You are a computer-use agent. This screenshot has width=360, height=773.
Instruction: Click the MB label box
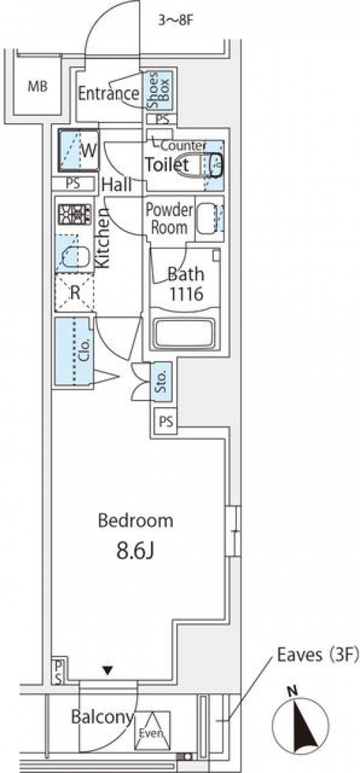pyautogui.click(x=37, y=86)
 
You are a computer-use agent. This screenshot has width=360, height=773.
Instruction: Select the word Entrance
pyautogui.click(x=109, y=93)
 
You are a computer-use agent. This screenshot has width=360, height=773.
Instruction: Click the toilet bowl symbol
pyautogui.click(x=197, y=165)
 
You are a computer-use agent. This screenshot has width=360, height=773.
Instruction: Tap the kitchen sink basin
pyautogui.click(x=76, y=257)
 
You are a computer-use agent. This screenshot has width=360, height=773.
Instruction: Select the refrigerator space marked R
pyautogui.click(x=74, y=292)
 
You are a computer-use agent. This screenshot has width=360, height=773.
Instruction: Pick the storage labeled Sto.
pyautogui.click(x=162, y=381)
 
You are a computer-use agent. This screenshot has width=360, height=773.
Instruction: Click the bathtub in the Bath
pyautogui.click(x=185, y=334)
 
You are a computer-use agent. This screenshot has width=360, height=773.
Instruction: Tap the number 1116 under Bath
pyautogui.click(x=186, y=295)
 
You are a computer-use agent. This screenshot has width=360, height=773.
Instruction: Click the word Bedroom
pyautogui.click(x=135, y=521)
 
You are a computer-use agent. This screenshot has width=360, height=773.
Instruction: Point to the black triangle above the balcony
pyautogui.click(x=108, y=669)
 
